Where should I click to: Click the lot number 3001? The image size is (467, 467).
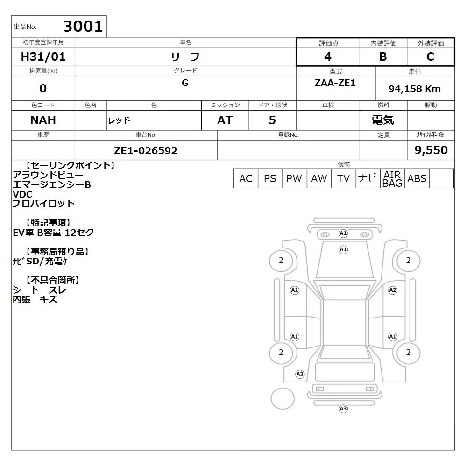(x=83, y=27)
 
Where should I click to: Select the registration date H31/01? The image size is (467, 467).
(x=43, y=57)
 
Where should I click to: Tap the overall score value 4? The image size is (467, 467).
(x=328, y=57)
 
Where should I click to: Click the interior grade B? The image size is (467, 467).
(x=383, y=57)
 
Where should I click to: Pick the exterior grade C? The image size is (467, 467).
(x=431, y=57)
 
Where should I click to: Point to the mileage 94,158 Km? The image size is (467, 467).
(x=415, y=89)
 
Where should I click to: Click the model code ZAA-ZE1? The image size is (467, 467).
(x=335, y=83)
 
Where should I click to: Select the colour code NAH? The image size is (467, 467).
(x=43, y=120)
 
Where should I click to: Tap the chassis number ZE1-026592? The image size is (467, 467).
(x=146, y=151)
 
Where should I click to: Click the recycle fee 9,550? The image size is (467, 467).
(x=431, y=150)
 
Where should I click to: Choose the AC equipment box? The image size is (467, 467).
(x=246, y=178)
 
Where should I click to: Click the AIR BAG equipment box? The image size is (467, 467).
(x=392, y=178)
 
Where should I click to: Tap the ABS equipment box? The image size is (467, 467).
(x=417, y=178)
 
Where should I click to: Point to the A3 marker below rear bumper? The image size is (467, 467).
(x=343, y=409)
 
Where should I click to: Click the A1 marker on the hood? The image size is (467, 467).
(x=343, y=249)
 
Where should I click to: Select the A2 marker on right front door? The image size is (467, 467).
(x=393, y=290)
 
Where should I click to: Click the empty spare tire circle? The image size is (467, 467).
(x=283, y=398)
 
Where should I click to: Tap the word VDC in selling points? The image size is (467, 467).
(x=22, y=194)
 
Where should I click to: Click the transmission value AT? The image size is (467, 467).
(x=225, y=120)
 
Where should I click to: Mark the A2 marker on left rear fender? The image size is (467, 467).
(x=300, y=374)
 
